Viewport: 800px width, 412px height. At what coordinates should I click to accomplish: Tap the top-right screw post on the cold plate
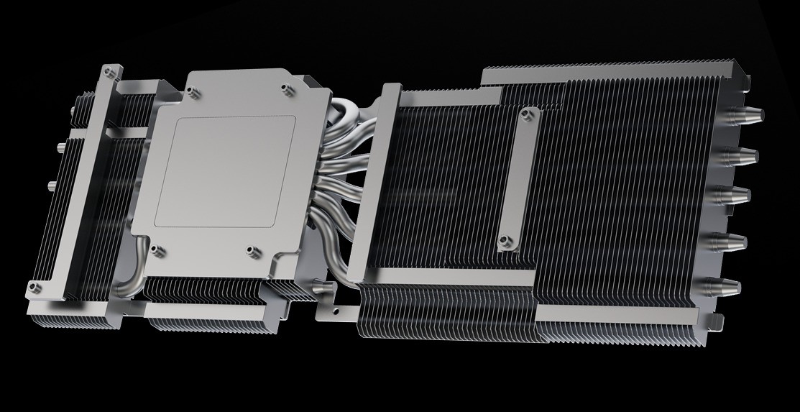pyautogui.click(x=287, y=90)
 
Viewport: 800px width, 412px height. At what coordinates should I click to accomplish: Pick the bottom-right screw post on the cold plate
pyautogui.click(x=252, y=251)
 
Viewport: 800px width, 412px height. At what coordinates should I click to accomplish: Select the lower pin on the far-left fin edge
pyautogui.click(x=50, y=186)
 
